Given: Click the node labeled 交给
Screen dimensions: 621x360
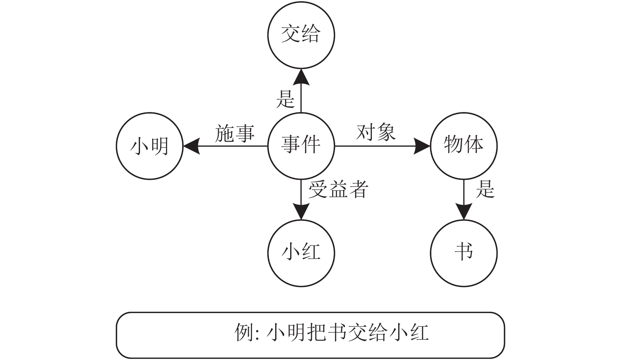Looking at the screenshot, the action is click(x=301, y=35).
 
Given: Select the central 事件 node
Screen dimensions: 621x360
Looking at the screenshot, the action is click(x=301, y=146).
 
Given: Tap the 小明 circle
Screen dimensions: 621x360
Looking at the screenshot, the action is click(x=150, y=146).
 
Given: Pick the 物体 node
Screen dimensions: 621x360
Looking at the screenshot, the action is click(x=464, y=146).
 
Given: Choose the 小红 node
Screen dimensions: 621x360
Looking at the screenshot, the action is click(x=301, y=253).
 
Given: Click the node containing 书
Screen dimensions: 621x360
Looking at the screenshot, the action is click(x=464, y=253).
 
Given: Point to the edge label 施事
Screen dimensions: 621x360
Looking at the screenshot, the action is click(x=235, y=133).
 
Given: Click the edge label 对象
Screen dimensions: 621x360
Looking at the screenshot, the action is click(x=376, y=132).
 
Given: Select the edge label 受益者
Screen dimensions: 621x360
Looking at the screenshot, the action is click(x=339, y=189).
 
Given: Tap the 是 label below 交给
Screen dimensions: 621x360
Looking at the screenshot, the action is click(x=285, y=99).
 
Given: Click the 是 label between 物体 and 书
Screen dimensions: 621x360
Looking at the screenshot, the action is click(x=485, y=189).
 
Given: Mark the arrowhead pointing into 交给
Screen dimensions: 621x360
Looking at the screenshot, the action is click(x=301, y=76).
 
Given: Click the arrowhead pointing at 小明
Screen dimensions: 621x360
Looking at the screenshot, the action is click(x=192, y=146).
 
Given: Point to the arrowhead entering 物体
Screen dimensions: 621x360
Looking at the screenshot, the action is click(x=421, y=146).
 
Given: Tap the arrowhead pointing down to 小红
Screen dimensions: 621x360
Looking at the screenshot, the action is click(x=301, y=211).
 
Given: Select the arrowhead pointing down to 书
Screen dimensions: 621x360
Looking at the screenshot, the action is click(x=464, y=211).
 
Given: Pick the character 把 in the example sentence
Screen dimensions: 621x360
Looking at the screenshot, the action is click(x=317, y=332).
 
